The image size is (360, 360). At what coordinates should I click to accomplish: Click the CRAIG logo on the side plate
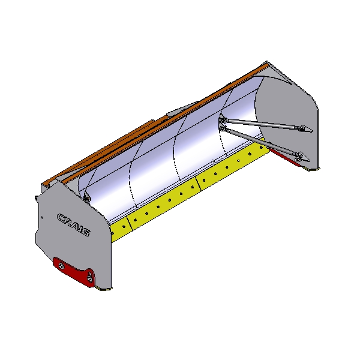(73, 224)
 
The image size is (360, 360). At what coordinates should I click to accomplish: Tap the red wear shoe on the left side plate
(74, 272)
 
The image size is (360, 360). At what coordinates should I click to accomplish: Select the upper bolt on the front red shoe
(62, 266)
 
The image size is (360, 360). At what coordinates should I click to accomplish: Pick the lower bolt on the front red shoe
(89, 279)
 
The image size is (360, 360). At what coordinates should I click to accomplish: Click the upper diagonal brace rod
(262, 123)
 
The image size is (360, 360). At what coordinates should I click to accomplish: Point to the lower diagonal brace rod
(259, 141)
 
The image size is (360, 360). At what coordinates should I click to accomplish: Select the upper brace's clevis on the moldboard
(222, 120)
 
